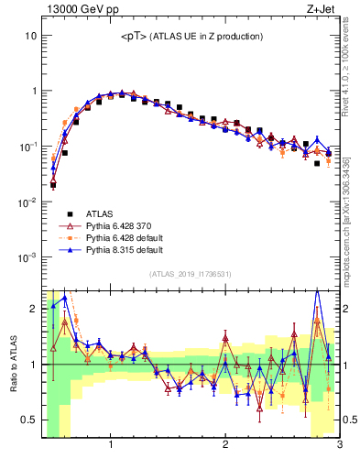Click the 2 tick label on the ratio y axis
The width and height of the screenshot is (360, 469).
(33, 309)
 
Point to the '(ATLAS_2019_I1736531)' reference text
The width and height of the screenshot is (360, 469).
(191, 274)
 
